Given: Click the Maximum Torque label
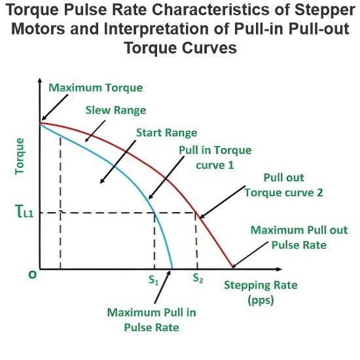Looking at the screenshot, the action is click(x=96, y=88).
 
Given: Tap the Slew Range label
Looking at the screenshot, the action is click(x=116, y=111).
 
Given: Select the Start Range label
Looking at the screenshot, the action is click(x=167, y=133).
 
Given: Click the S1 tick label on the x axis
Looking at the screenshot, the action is click(x=154, y=280).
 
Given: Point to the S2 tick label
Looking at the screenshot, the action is click(x=198, y=278).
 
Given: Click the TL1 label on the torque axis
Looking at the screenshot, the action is click(x=24, y=211).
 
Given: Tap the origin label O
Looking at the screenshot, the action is click(x=32, y=275).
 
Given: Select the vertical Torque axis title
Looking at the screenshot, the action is click(x=20, y=156).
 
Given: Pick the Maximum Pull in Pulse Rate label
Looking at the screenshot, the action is click(x=152, y=320).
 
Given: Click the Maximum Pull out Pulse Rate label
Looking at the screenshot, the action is click(x=299, y=238).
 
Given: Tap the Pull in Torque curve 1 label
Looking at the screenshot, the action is click(x=215, y=158).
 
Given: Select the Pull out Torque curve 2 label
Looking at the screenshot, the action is click(x=284, y=185).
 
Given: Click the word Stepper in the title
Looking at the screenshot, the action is click(x=325, y=10).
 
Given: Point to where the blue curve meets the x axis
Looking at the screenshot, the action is click(x=172, y=268).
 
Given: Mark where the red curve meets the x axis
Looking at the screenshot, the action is click(x=233, y=268).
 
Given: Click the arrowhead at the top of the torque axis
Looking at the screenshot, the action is click(x=40, y=81).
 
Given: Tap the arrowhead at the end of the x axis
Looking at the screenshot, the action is click(x=279, y=269).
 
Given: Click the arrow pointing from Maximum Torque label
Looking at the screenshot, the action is click(x=54, y=107).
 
